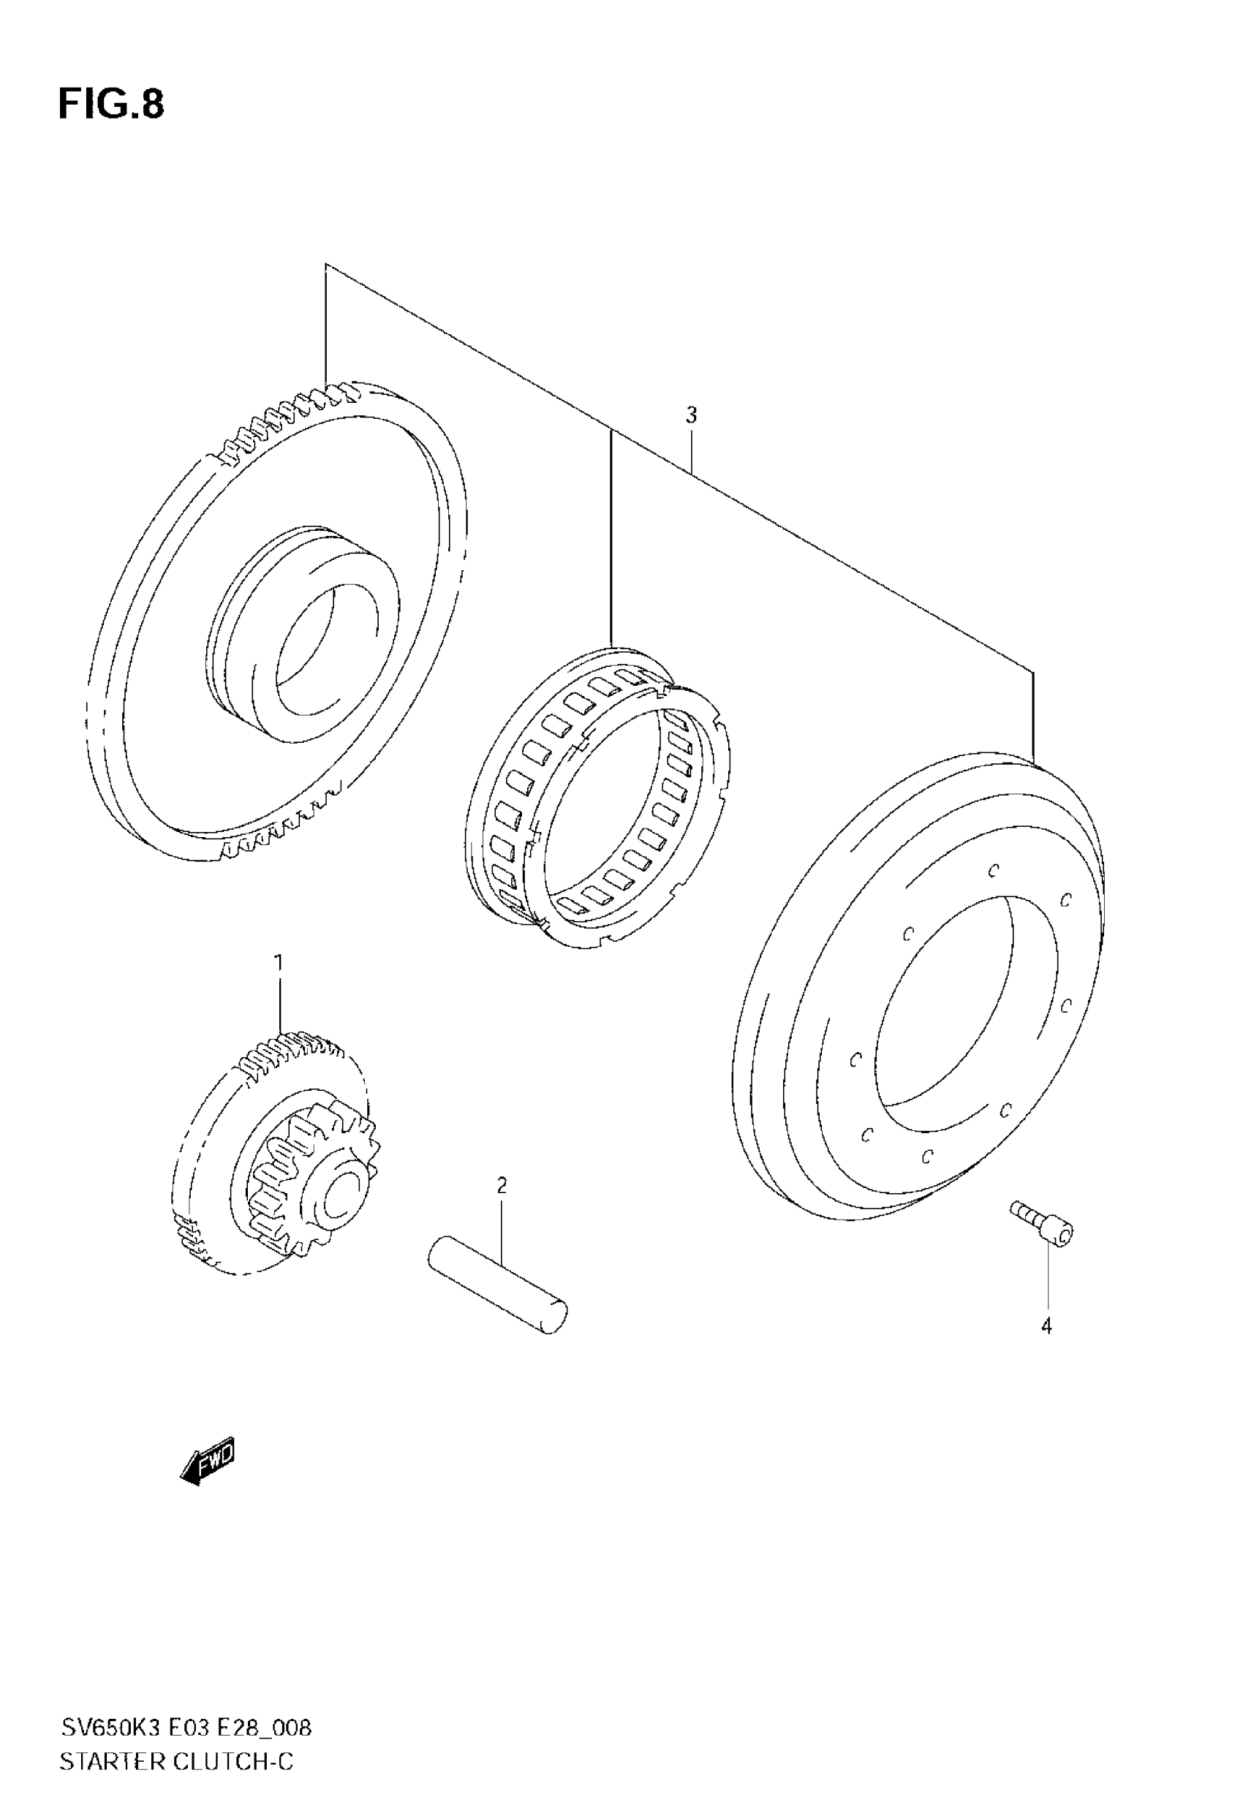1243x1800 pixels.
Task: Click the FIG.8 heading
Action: (111, 105)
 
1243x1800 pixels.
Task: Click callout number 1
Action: (278, 963)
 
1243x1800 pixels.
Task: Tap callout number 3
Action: (691, 416)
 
